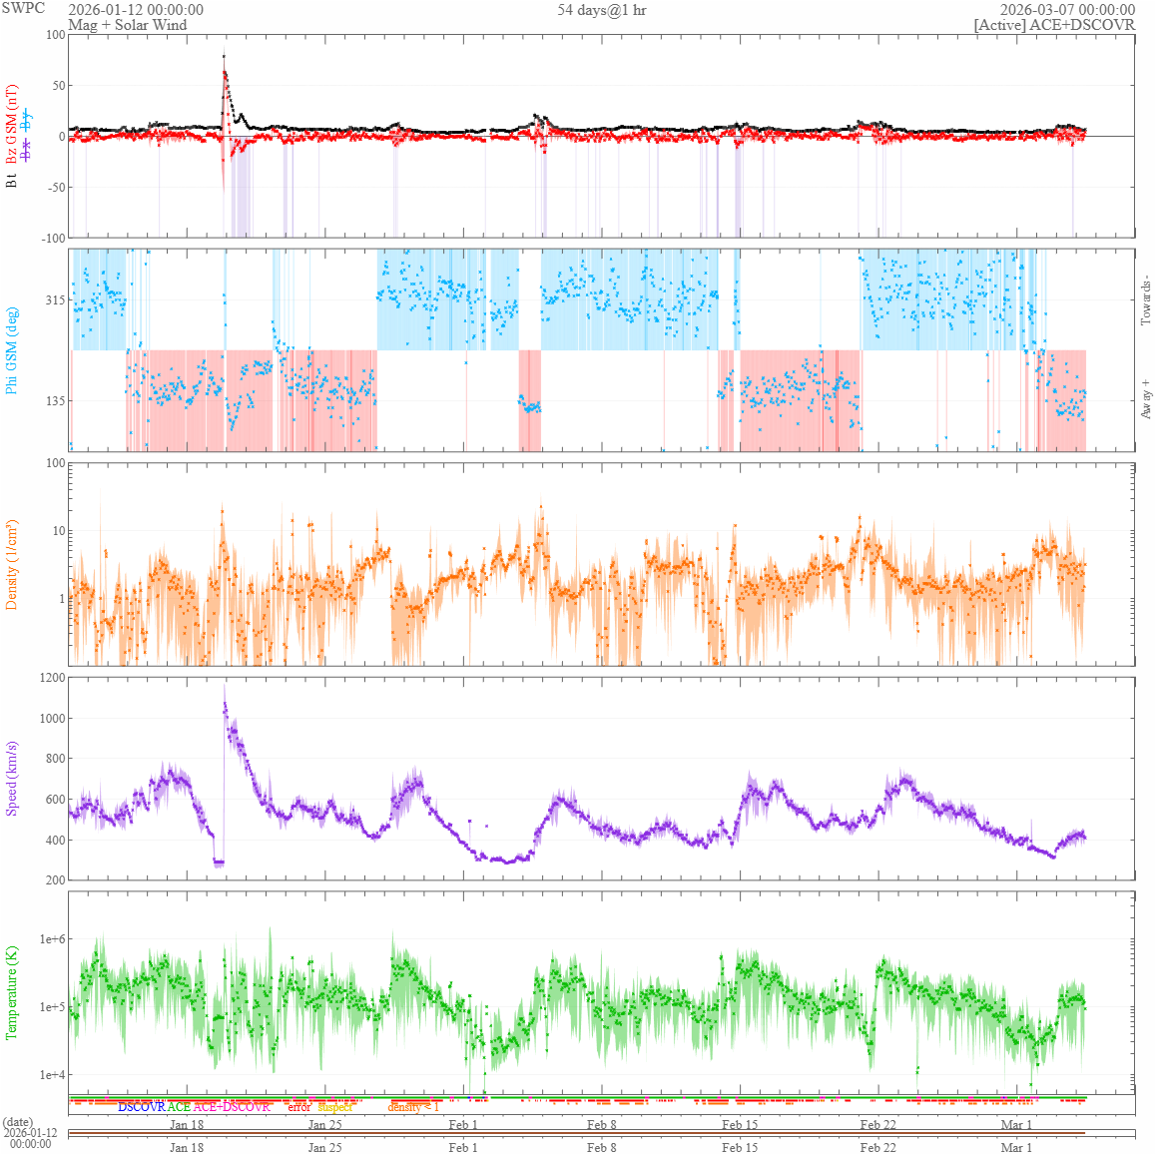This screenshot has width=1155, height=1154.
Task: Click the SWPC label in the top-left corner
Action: (x=23, y=8)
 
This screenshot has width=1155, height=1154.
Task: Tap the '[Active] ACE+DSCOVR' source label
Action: (x=1054, y=25)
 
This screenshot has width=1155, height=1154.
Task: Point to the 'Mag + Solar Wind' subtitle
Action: (x=127, y=25)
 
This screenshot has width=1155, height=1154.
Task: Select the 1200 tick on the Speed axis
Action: (x=51, y=678)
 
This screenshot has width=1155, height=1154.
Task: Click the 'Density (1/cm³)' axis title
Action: (x=12, y=565)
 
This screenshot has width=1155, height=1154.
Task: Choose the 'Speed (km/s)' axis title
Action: (x=12, y=779)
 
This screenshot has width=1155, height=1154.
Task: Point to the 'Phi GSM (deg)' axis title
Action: (x=12, y=350)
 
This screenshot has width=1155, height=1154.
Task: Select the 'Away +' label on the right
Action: (x=1145, y=398)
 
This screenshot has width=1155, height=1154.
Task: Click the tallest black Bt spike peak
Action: (x=224, y=56)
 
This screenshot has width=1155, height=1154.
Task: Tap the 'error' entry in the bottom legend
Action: (x=298, y=1107)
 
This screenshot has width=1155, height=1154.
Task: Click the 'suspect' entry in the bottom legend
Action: (x=334, y=1107)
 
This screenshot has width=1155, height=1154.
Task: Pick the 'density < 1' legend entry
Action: (x=413, y=1107)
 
